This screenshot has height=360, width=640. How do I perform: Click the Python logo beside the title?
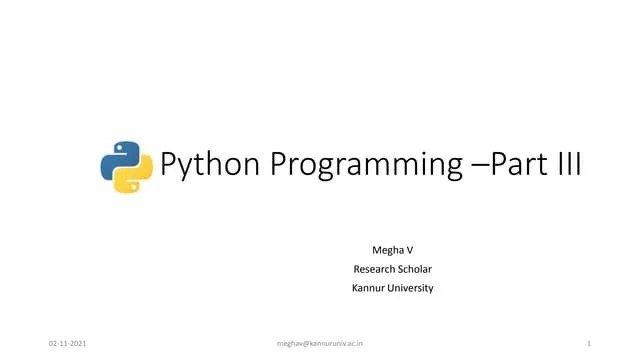[127, 167]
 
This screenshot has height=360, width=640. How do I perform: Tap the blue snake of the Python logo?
[119, 157]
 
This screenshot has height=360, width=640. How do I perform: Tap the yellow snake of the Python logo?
[135, 177]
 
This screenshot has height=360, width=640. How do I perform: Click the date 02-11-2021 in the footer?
[67, 343]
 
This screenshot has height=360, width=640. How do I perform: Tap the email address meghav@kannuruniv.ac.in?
[319, 343]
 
